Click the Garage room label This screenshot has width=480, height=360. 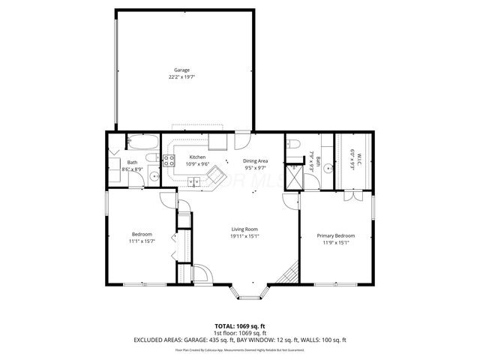(182, 70)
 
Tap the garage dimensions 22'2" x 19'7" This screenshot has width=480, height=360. (182, 76)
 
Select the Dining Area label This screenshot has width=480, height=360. (255, 161)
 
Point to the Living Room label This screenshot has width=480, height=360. (244, 229)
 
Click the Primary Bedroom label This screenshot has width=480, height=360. (335, 235)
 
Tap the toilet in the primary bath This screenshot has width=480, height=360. (294, 143)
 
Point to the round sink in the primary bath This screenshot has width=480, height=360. (328, 168)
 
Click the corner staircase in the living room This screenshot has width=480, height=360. (285, 277)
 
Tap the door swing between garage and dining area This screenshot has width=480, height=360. (243, 140)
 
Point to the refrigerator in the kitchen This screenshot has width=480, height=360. (218, 142)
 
